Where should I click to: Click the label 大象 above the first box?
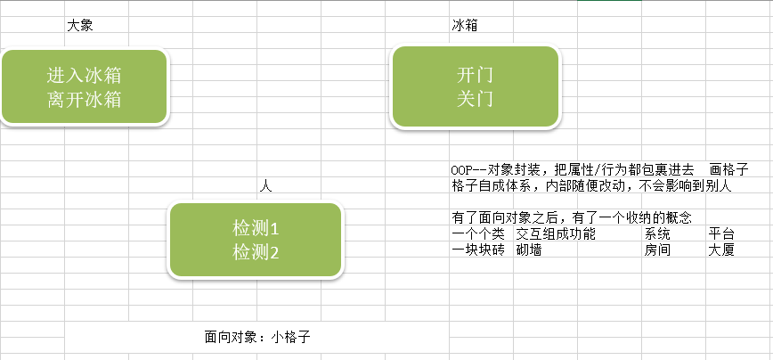pyautogui.click(x=80, y=26)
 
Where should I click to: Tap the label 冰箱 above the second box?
pyautogui.click(x=465, y=26)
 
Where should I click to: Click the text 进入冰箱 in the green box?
pyautogui.click(x=85, y=75)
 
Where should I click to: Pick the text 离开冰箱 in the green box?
pyautogui.click(x=85, y=99)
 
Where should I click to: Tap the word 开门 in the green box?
pyautogui.click(x=475, y=74)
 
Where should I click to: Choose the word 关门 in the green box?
pyautogui.click(x=475, y=98)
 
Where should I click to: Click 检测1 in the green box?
pyautogui.click(x=256, y=227)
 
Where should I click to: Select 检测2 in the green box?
pyautogui.click(x=256, y=252)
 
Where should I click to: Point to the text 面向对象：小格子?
pyautogui.click(x=257, y=337)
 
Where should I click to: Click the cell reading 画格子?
pyautogui.click(x=728, y=169)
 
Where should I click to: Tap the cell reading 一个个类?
pyautogui.click(x=478, y=233)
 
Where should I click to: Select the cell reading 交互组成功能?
pyautogui.click(x=555, y=233)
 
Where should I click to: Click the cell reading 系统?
pyautogui.click(x=657, y=233)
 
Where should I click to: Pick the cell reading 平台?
pyautogui.click(x=721, y=233)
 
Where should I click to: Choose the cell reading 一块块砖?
pyautogui.click(x=478, y=250)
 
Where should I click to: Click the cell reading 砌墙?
pyautogui.click(x=529, y=250)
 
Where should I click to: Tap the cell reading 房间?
pyautogui.click(x=657, y=250)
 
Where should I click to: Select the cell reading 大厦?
pyautogui.click(x=721, y=250)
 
